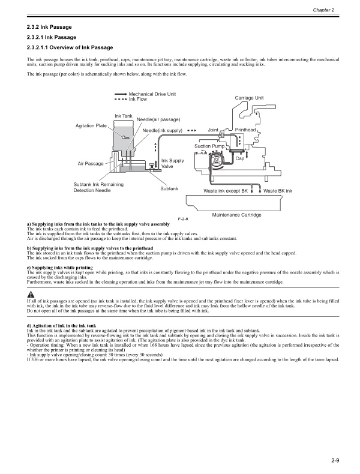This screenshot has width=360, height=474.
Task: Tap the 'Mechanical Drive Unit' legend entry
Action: coord(152,94)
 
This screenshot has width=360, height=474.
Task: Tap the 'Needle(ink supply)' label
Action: coord(162,130)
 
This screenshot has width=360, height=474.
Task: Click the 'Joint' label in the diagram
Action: coord(212,130)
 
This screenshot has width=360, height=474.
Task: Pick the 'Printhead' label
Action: coord(245,130)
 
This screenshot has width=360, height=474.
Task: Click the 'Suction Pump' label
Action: coord(209,146)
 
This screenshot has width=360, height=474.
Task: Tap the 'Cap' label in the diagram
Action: coord(239,158)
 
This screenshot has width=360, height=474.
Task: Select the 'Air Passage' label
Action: coord(90,163)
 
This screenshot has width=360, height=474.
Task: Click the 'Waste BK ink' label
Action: coord(277,191)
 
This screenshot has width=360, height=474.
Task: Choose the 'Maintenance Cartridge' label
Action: coord(236,214)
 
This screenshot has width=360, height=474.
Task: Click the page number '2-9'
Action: coord(335,460)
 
